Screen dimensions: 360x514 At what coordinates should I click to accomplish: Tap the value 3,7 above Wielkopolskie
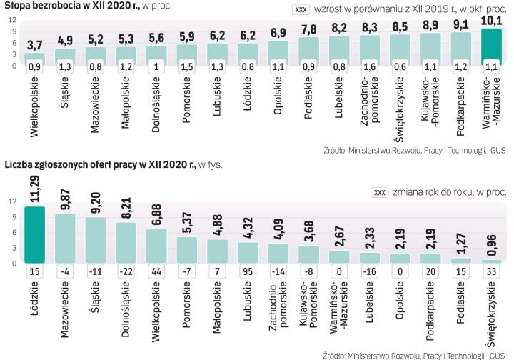coord(35,45)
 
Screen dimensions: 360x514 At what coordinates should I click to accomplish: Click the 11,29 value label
coord(35,191)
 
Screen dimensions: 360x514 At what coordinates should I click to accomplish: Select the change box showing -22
coord(126,272)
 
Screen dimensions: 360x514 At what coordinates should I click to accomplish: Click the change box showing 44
coord(156,272)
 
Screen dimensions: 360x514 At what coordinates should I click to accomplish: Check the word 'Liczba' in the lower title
coord(19,164)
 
